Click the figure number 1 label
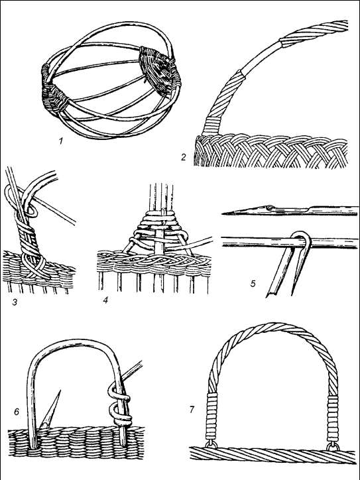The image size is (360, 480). pos(61,141)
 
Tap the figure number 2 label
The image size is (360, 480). pos(184,157)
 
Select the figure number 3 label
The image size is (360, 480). pos(15,302)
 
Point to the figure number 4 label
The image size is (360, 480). pos(105,300)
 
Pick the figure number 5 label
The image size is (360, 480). pos(253,284)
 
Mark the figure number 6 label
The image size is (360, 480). pos(17,412)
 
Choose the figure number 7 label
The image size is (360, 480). pos(192,409)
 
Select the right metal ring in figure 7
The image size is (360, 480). pos(333,446)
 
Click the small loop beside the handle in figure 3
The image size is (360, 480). pos(31,211)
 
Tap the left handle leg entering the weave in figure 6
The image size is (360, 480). pos(32,428)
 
